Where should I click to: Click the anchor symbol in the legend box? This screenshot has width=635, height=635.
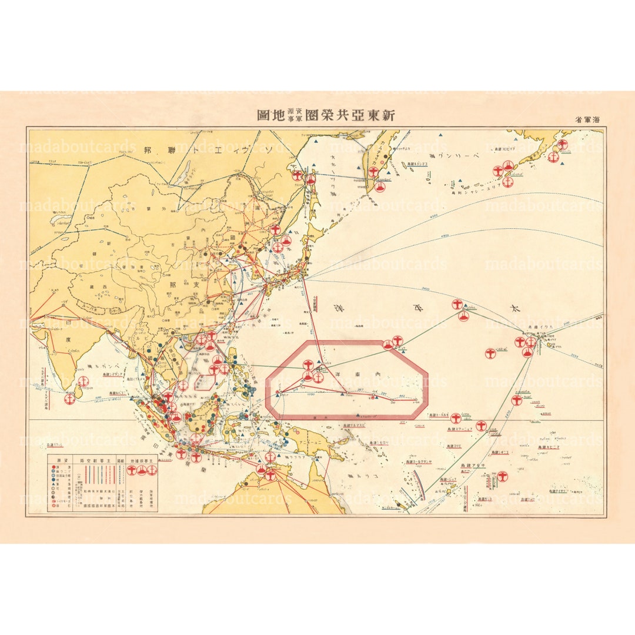tap(152, 470)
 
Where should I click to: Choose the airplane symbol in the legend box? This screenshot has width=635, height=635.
tap(132, 470)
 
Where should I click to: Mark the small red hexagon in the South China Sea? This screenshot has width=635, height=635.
tap(204, 383)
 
